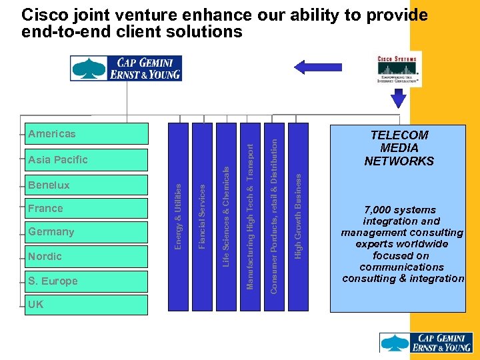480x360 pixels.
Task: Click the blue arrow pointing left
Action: coord(309,67)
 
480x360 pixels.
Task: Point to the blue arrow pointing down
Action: coord(399,98)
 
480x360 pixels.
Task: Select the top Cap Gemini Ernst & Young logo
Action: coord(126,69)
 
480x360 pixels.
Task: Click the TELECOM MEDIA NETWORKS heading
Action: coord(399,148)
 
